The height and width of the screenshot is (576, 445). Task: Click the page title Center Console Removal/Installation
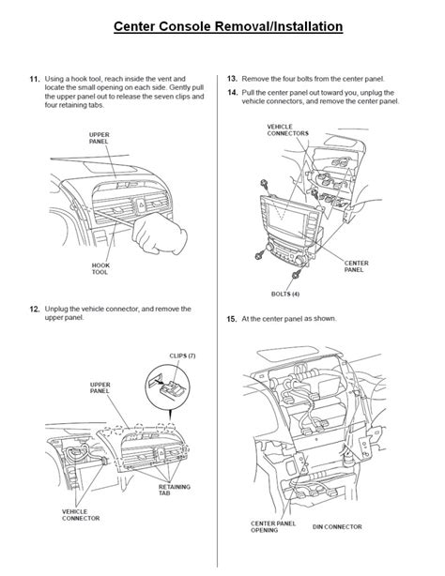(228, 26)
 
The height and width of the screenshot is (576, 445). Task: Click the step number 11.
(35, 79)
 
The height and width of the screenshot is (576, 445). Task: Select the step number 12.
(35, 309)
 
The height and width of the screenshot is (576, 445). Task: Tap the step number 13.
(232, 79)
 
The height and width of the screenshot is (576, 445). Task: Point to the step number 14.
(232, 93)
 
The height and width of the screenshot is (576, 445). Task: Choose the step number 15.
(232, 319)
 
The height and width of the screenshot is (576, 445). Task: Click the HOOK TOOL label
(100, 268)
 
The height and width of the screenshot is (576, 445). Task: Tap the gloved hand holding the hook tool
(160, 233)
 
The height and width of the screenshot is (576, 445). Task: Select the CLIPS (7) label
(182, 356)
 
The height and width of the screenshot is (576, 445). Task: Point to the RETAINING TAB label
(175, 490)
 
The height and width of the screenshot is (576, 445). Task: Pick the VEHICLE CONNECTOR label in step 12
(81, 515)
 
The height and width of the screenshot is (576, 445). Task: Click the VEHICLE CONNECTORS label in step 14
(287, 129)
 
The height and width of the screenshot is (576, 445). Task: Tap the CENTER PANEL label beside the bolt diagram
(356, 266)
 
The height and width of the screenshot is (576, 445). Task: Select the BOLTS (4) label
(285, 294)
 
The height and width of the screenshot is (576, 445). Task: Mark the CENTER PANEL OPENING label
(273, 527)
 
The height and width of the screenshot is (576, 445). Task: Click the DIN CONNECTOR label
(337, 527)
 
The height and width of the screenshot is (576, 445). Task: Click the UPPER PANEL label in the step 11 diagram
(99, 138)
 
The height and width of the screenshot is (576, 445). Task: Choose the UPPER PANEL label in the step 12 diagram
(100, 387)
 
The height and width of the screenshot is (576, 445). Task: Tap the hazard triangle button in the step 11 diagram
(142, 203)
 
